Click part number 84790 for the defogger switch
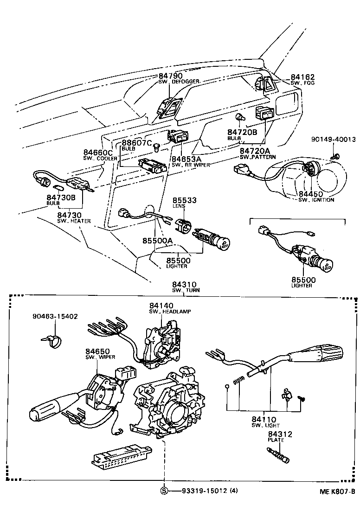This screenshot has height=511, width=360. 170,76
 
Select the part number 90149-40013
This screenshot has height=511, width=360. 333,139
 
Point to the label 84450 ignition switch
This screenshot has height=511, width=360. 310,194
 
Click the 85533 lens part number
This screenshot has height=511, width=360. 185,200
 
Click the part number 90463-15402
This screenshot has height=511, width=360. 55,316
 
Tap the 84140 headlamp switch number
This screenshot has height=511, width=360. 161,306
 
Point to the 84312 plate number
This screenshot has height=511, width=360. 280,434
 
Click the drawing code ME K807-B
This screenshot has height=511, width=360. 336,492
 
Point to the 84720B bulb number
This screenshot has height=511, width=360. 242,133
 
